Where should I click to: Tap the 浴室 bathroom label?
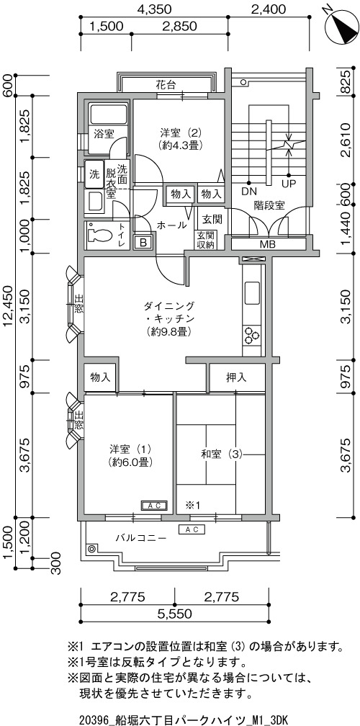(x=104, y=134)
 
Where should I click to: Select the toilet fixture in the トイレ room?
(x=99, y=236)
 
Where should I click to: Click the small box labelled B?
(x=143, y=242)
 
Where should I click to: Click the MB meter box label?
(x=267, y=244)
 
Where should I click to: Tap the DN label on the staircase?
(x=248, y=192)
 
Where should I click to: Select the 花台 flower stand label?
(x=166, y=85)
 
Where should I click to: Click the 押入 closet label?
(x=236, y=377)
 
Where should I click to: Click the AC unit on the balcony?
(x=192, y=529)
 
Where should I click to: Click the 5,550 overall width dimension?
(x=174, y=614)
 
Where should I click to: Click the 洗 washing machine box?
(x=94, y=174)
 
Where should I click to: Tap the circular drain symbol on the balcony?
(x=92, y=549)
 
